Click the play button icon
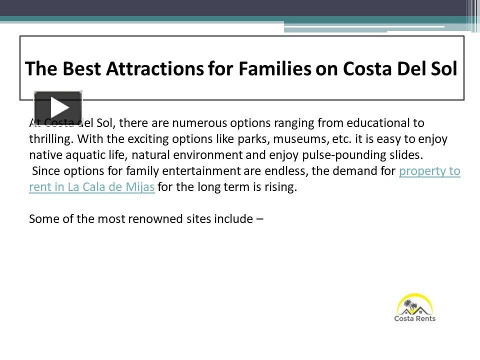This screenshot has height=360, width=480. pyautogui.click(x=58, y=107)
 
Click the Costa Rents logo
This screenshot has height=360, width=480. pyautogui.click(x=415, y=308)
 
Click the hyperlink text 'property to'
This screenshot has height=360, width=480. pyautogui.click(x=429, y=171)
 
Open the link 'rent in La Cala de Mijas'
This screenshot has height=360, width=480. pyautogui.click(x=91, y=188)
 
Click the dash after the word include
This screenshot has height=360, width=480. pyautogui.click(x=259, y=219)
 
